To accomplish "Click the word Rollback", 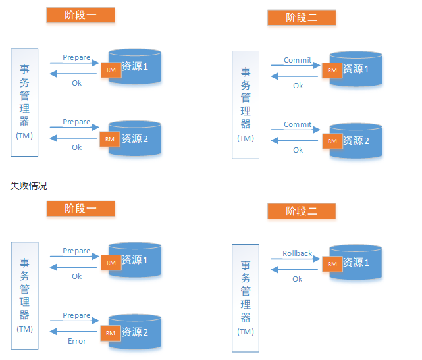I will tap(297, 253).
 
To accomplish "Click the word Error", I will tap(77, 341).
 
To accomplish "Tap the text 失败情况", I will tap(28, 186).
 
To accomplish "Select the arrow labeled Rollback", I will tap(296, 259).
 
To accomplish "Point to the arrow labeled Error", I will tap(74, 333).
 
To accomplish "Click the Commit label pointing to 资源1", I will tap(298, 60).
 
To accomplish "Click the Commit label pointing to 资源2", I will tap(298, 124).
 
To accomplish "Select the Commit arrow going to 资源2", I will tap(296, 130).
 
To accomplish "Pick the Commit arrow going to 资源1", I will tap(296, 66).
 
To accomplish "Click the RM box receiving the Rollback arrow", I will tap(332, 264).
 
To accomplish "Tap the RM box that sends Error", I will tap(110, 332).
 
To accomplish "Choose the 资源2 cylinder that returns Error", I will tap(136, 332).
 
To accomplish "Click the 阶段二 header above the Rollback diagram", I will tap(302, 211).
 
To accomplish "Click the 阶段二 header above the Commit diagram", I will tap(302, 18).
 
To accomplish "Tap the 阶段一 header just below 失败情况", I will tap(80, 209).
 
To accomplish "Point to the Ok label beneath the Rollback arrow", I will tap(298, 279).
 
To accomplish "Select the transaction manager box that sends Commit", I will tap(246, 104).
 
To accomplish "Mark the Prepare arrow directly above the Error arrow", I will tap(74, 322).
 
